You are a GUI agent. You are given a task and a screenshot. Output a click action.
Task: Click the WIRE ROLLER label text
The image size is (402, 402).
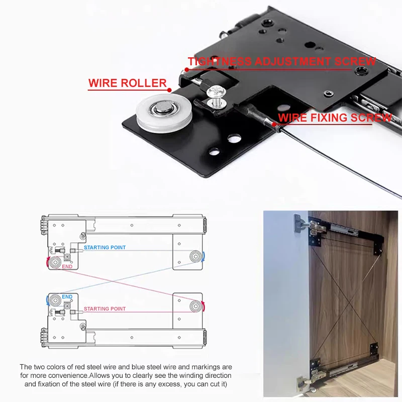(127, 83)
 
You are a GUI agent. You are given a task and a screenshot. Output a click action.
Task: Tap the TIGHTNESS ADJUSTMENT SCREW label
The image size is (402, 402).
(281, 61)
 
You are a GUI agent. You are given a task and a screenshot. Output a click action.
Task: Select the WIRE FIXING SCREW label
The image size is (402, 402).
(335, 118)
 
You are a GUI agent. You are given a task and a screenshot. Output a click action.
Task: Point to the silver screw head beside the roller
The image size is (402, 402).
(215, 92)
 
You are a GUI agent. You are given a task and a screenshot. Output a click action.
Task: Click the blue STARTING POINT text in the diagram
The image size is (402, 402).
(105, 248)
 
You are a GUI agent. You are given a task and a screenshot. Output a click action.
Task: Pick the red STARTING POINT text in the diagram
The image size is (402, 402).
(105, 309)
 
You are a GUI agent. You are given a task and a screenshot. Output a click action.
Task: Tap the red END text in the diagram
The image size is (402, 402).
(67, 267)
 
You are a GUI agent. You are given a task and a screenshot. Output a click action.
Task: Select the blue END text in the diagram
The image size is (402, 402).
(67, 297)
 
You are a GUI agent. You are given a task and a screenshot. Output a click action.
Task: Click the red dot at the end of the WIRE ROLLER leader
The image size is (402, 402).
(169, 89)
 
